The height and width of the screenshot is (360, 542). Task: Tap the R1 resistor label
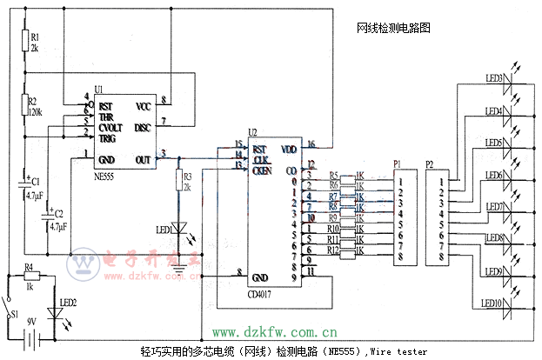point(35,37)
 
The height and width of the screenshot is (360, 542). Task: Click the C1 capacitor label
point(35,183)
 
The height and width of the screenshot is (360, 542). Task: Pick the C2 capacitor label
point(58,214)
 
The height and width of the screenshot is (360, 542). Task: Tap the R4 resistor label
point(29,268)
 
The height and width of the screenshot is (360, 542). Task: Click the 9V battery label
point(33,322)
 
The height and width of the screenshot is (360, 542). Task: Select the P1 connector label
point(398,163)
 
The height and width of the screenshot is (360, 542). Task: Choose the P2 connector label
point(429,163)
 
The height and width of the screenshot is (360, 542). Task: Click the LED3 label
point(494,79)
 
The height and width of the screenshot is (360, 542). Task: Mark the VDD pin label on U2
point(289,149)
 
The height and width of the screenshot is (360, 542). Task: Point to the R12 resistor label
point(333,250)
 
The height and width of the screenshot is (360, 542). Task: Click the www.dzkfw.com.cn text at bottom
point(275,332)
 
